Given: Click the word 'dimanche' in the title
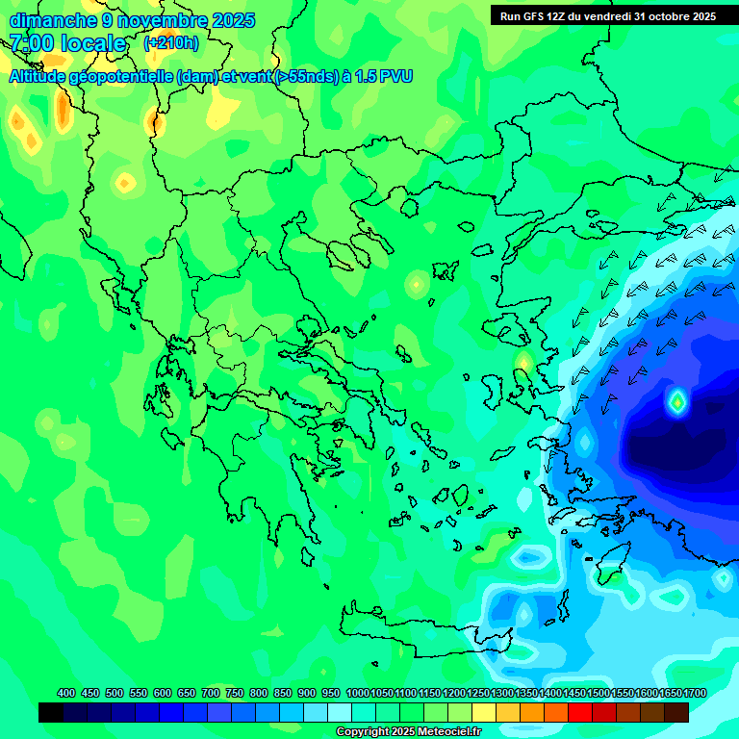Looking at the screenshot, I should (x=51, y=19).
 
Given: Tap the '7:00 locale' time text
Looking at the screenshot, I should (x=67, y=43).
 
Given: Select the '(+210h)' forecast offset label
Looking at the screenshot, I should (x=170, y=43).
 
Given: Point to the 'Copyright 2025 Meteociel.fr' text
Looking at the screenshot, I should (x=409, y=731).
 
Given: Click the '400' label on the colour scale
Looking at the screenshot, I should (x=66, y=693).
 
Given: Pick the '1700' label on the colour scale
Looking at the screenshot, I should (x=695, y=693).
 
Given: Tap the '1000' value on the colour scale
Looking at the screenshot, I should (x=358, y=693).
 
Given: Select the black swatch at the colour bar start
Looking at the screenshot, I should (x=51, y=712).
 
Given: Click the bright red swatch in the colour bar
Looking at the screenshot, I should (x=579, y=712).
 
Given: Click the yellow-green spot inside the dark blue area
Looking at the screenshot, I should (x=677, y=401).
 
